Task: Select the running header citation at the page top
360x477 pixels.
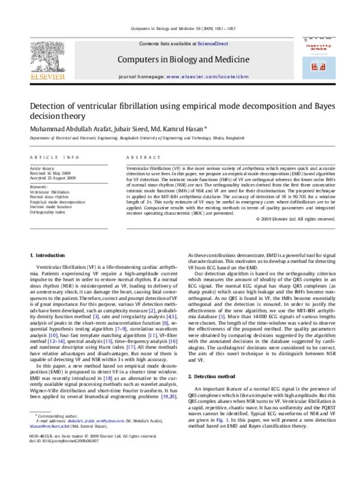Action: (x=179, y=29)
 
